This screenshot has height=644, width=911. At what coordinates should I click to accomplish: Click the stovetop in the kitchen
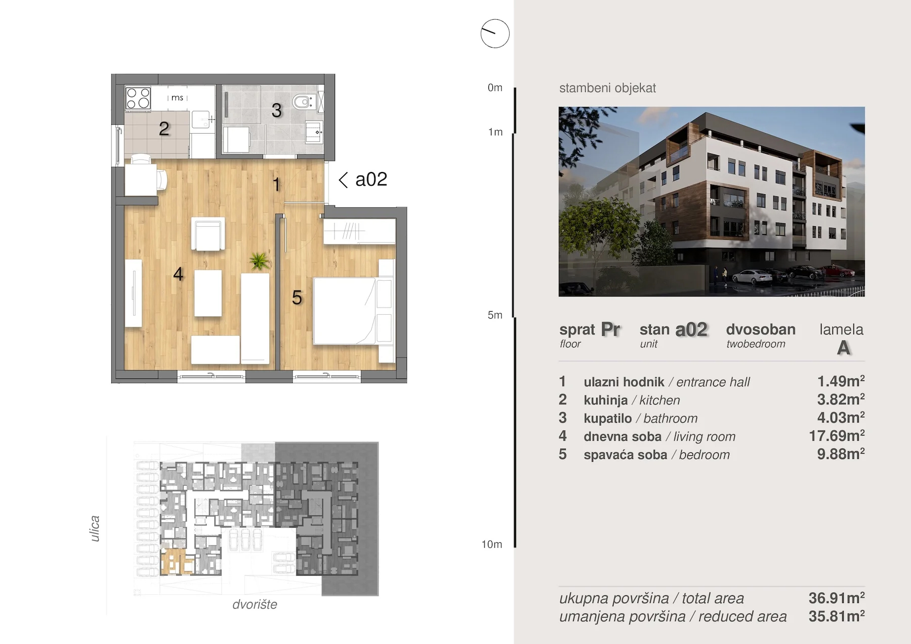click(138, 98)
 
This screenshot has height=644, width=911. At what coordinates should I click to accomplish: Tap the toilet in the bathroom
click(305, 102)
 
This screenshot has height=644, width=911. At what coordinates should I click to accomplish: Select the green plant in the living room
click(259, 261)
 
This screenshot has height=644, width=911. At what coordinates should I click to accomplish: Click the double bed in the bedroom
click(353, 311)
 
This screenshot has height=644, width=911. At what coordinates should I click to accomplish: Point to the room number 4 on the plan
click(178, 274)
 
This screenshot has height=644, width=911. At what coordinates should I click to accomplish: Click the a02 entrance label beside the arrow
click(371, 179)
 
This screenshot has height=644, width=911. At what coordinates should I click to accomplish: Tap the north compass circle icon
click(495, 34)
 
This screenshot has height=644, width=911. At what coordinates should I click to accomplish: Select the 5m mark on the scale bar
click(495, 315)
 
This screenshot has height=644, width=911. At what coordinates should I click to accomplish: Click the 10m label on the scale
click(491, 544)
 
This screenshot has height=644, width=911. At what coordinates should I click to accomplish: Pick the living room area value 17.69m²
click(837, 436)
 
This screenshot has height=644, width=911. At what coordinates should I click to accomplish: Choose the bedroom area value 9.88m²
click(841, 454)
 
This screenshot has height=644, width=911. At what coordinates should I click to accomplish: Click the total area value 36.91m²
click(837, 598)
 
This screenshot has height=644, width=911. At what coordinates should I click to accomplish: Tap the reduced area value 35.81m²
click(837, 616)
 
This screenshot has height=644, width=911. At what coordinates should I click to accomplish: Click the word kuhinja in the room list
click(605, 400)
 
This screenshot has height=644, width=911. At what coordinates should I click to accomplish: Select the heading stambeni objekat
click(607, 88)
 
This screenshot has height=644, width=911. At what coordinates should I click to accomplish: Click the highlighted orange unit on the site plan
click(177, 562)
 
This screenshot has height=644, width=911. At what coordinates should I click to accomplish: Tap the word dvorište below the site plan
click(255, 605)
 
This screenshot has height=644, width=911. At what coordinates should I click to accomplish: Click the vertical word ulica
click(95, 529)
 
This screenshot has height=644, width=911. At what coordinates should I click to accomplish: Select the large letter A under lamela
click(843, 348)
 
